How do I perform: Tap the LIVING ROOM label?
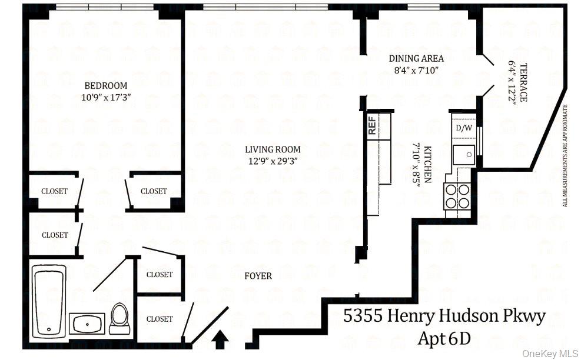pyautogui.click(x=273, y=149)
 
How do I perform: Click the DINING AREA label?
pyautogui.click(x=416, y=58)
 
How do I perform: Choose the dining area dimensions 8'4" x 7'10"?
pyautogui.click(x=416, y=69)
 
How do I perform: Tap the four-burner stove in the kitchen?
pyautogui.click(x=458, y=196)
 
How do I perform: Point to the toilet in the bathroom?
pyautogui.click(x=119, y=318)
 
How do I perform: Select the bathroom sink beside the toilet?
pyautogui.click(x=87, y=323)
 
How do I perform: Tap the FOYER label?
pyautogui.click(x=258, y=275)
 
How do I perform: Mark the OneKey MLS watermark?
pyautogui.click(x=550, y=353)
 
